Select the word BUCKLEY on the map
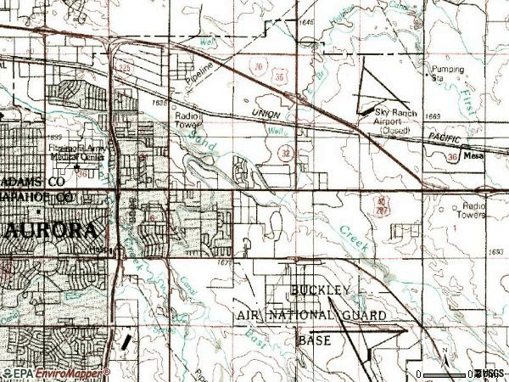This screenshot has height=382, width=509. pyautogui.click(x=320, y=291)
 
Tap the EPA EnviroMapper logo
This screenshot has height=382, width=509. pyautogui.click(x=53, y=374)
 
